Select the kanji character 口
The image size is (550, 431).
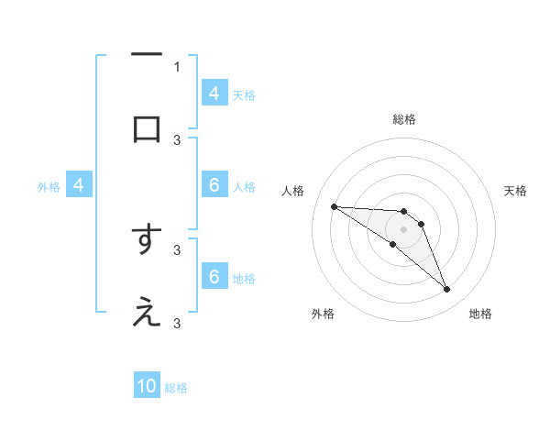(x=147, y=128)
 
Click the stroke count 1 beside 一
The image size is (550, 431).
(x=177, y=66)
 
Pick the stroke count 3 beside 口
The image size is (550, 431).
(x=177, y=139)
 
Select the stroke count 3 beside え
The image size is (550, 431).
(x=177, y=323)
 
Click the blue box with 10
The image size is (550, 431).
(x=147, y=386)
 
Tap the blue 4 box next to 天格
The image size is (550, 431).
(x=214, y=93)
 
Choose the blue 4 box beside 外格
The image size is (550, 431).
(x=79, y=185)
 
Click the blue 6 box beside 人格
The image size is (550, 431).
(x=214, y=185)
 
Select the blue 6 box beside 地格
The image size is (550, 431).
(x=214, y=277)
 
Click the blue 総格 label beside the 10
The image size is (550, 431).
(x=176, y=387)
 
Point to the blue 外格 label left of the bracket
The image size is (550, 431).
(x=49, y=186)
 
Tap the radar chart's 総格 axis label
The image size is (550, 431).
(x=403, y=119)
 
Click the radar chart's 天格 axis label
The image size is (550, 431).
(x=515, y=191)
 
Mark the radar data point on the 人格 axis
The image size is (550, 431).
(x=334, y=206)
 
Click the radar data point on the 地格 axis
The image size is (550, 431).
(x=446, y=290)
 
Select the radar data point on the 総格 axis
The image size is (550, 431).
(x=403, y=212)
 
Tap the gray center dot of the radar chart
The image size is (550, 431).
(x=403, y=229)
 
